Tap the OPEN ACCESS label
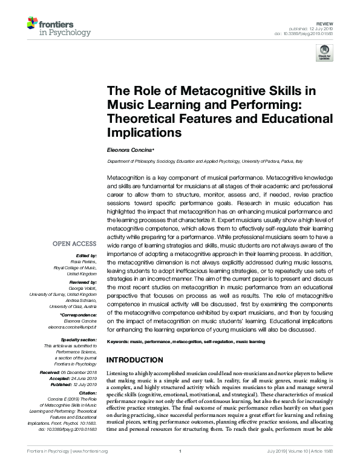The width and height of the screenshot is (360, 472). click(x=75, y=244)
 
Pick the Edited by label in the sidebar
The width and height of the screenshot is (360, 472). click(x=85, y=256)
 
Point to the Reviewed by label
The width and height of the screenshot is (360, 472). click(x=81, y=282)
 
